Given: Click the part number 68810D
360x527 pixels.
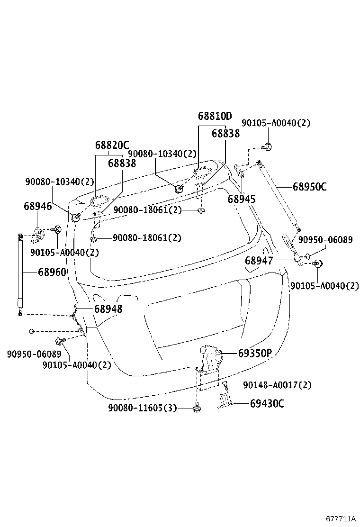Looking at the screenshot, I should (x=215, y=116).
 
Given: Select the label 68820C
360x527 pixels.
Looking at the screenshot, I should (x=112, y=145).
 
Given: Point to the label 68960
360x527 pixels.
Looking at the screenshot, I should (x=52, y=272).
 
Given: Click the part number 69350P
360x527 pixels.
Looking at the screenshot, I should (x=255, y=353).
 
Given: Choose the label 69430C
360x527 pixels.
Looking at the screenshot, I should (x=267, y=404).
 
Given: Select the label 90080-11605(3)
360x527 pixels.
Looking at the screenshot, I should (x=142, y=408).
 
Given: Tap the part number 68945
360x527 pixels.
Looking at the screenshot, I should (x=242, y=199).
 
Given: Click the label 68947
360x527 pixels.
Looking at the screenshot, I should (x=259, y=260).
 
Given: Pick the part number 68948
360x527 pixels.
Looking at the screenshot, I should (x=108, y=309).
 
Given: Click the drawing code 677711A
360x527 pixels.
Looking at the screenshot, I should (x=340, y=519).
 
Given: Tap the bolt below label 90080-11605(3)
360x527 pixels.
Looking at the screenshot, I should (x=196, y=407).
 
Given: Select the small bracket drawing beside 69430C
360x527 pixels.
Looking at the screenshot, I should (x=225, y=400).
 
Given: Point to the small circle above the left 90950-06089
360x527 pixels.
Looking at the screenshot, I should (x=31, y=331).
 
